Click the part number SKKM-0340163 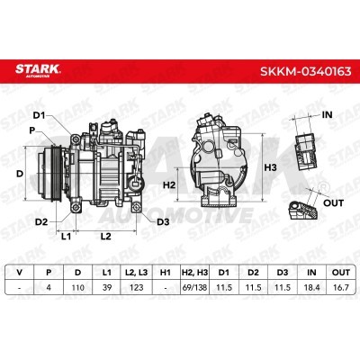[x=305, y=71]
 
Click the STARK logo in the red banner [x=38, y=70]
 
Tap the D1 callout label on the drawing [x=39, y=115]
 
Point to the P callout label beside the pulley [x=32, y=130]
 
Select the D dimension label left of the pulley [x=20, y=174]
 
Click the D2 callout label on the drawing [x=41, y=222]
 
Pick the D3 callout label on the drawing [x=163, y=222]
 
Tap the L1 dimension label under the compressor [x=66, y=237]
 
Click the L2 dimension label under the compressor [x=105, y=237]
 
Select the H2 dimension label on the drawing [x=169, y=185]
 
